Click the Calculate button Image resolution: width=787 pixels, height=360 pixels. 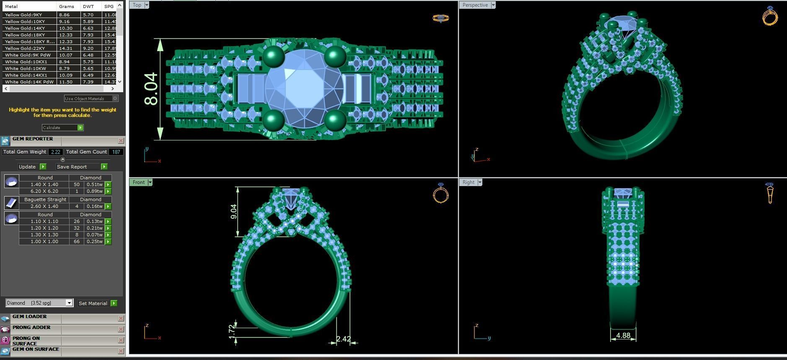tap(62, 127)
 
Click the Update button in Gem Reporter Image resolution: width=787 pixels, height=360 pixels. tap(31, 166)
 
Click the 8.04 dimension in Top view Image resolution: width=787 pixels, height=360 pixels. tap(151, 89)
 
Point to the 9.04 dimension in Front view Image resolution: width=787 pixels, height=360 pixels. tap(233, 212)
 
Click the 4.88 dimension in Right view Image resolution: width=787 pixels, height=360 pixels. tap(623, 335)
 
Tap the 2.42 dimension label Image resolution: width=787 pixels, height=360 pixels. tap(343, 339)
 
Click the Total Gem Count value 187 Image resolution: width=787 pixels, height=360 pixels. tap(116, 152)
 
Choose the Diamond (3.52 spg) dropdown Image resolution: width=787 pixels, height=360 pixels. tap(39, 303)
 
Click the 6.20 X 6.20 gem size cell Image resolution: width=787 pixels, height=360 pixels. tap(44, 191)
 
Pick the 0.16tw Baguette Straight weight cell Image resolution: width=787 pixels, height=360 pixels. tap(94, 206)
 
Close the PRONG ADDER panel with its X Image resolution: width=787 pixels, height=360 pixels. tap(121, 329)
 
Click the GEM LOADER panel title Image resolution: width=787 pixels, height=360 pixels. tap(29, 317)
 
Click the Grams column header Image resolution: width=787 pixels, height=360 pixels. tap(66, 6)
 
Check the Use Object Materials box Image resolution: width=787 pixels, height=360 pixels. tap(115, 98)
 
